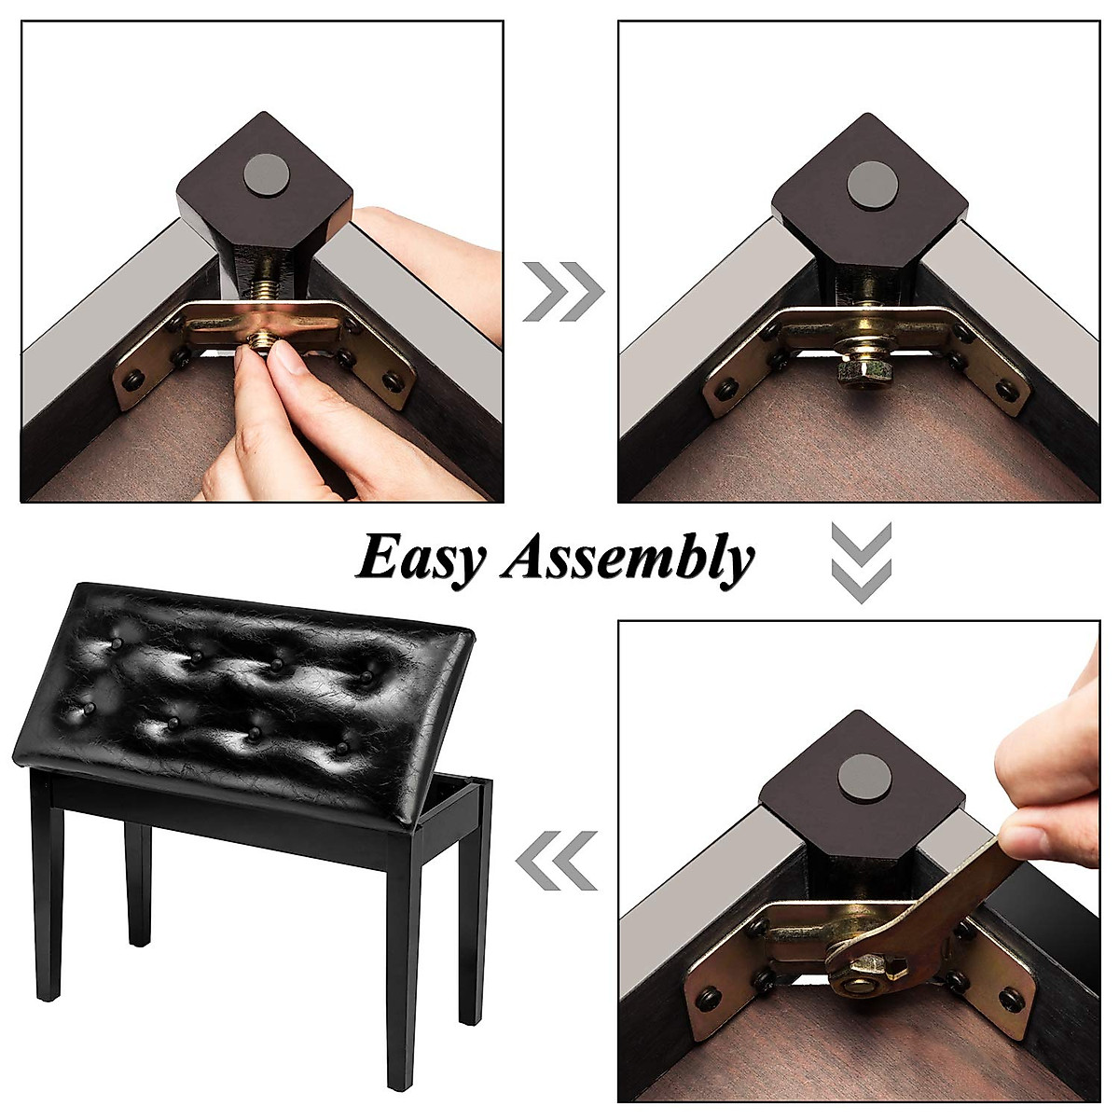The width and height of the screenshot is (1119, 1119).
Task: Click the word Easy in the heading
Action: click(421, 559)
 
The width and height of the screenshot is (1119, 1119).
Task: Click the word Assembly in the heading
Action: click(627, 560)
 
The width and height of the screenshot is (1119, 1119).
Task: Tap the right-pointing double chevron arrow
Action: click(562, 292)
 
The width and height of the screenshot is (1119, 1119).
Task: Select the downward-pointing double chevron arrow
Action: click(861, 561)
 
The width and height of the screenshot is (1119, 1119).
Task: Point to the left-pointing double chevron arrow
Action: click(557, 860)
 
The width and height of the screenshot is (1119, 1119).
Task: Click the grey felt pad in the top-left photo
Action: click(266, 174)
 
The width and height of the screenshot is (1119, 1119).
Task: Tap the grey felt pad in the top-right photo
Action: click(867, 182)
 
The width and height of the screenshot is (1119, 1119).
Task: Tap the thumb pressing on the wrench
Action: click(1035, 839)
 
